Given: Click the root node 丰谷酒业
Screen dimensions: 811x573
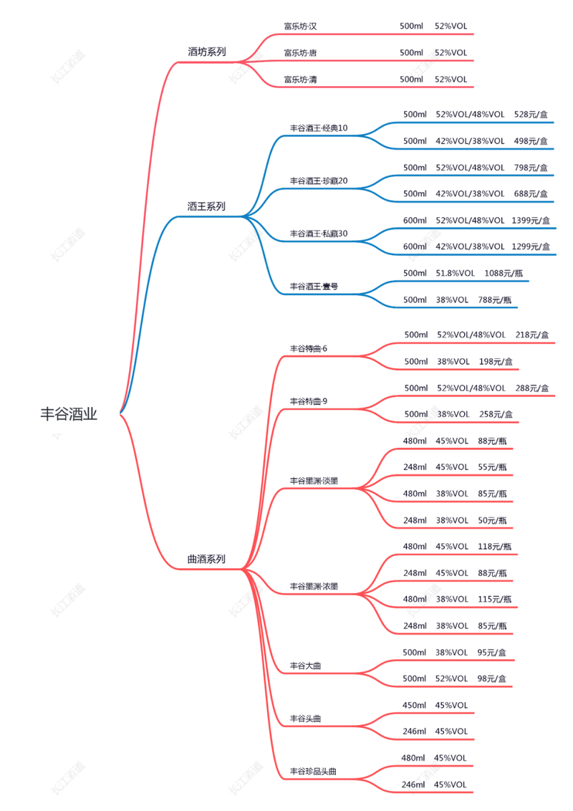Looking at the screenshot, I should click(x=69, y=414).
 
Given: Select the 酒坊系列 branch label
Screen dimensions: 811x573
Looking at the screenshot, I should click(x=206, y=52).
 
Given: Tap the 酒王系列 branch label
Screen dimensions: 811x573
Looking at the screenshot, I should click(x=206, y=206).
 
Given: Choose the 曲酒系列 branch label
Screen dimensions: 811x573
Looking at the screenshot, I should click(x=206, y=559).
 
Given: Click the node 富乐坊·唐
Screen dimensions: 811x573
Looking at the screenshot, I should click(x=300, y=52).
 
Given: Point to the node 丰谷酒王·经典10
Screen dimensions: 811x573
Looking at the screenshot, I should click(x=319, y=128).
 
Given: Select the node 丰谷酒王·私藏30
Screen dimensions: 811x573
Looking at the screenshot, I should click(x=319, y=234).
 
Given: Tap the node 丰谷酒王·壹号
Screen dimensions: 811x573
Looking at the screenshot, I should click(x=314, y=286).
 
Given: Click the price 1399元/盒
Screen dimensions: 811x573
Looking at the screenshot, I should click(x=531, y=220).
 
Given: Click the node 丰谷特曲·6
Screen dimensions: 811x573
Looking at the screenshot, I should click(x=308, y=348).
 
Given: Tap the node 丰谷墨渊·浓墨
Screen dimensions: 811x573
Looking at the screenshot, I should click(x=314, y=587).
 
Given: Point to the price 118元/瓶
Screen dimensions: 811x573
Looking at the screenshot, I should click(x=495, y=547).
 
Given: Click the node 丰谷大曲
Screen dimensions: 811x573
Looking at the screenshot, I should click(x=305, y=666).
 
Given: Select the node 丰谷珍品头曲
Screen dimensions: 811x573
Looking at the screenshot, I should click(x=313, y=772).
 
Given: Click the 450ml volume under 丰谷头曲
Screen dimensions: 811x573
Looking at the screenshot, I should click(x=415, y=705).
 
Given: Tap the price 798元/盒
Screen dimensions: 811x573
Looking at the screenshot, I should click(x=531, y=168).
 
